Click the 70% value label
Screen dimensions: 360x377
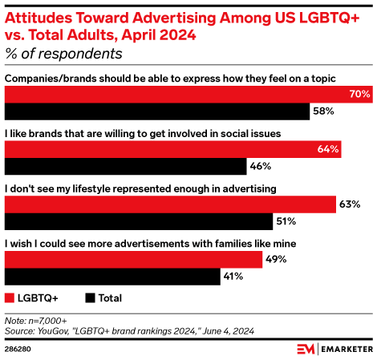pyautogui.click(x=359, y=95)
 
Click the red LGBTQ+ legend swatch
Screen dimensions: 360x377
pyautogui.click(x=10, y=298)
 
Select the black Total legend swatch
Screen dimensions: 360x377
pyautogui.click(x=89, y=298)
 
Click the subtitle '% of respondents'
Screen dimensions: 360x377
pyautogui.click(x=63, y=54)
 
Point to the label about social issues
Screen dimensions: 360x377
pyautogui.click(x=143, y=132)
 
